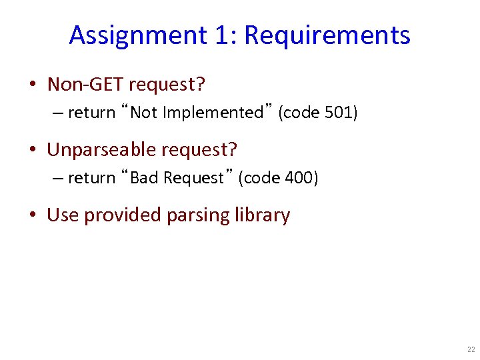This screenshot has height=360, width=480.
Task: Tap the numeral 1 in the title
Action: [x=223, y=35]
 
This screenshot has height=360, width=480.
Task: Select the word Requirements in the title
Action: [x=327, y=35]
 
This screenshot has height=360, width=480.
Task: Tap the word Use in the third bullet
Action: [x=62, y=215]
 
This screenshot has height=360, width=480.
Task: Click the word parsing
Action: [x=197, y=215]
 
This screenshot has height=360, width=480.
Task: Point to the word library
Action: [x=263, y=215]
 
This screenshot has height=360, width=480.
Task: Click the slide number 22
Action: [x=471, y=349]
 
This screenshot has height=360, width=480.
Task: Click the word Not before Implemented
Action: [x=142, y=113]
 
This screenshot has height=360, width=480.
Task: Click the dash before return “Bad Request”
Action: [x=57, y=178]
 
